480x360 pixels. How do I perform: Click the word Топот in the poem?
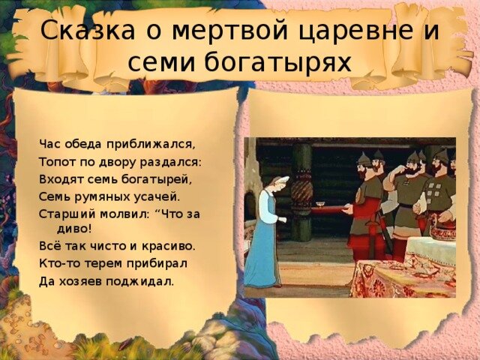point(55,161)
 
